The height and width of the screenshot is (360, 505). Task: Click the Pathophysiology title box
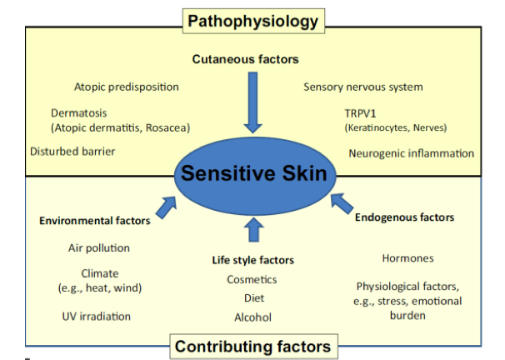tap(252, 18)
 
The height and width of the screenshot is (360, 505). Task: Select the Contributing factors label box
tap(252, 345)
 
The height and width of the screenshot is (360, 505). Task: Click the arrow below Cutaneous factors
tap(252, 104)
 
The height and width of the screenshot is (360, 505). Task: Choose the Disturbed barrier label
tap(72, 152)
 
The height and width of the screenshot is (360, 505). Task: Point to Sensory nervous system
tap(362, 87)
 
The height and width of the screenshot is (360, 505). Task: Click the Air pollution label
tap(99, 247)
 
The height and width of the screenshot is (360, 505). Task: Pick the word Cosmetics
tap(252, 279)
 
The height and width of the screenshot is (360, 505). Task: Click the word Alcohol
tap(252, 317)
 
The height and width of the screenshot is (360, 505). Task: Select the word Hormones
tap(407, 258)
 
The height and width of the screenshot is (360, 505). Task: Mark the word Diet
tap(253, 297)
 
